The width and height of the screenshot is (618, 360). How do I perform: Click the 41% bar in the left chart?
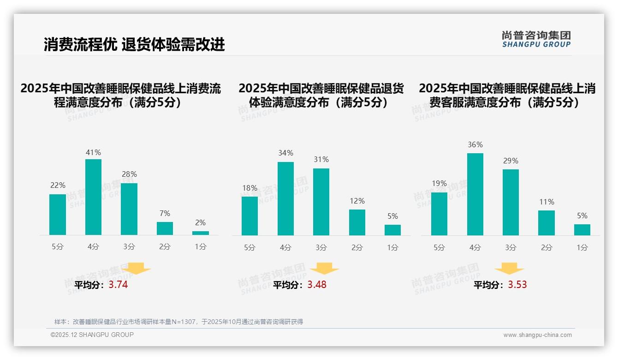point(93,197)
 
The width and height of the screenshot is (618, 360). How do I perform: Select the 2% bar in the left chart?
point(201,233)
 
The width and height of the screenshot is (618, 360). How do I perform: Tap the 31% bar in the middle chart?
point(321,202)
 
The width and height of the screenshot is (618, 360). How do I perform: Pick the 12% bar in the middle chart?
point(357,222)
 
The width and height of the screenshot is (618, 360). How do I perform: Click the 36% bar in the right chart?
point(475,194)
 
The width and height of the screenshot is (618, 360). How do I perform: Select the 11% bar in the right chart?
point(547,223)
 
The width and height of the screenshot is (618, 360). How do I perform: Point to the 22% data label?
point(58,186)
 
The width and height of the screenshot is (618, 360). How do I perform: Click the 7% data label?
point(165,213)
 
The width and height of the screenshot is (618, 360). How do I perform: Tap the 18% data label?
point(250,188)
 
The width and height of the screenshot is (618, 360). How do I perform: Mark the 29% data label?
point(511,161)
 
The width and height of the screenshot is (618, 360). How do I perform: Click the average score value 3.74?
point(118,285)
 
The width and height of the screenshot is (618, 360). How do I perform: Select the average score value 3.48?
point(317,285)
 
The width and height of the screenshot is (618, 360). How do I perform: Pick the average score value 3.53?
point(517,285)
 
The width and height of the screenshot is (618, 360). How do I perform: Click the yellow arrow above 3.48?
point(324,269)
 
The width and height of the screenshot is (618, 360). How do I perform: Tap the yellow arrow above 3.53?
point(509,269)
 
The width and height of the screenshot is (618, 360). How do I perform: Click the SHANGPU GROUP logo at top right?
point(536,39)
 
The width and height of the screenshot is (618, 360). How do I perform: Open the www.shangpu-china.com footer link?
point(537,335)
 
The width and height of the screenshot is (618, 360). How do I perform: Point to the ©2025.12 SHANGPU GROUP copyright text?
point(92,335)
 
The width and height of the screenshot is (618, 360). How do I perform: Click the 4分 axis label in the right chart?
point(475,248)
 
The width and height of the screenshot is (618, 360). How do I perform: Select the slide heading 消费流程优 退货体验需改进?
point(134,44)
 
